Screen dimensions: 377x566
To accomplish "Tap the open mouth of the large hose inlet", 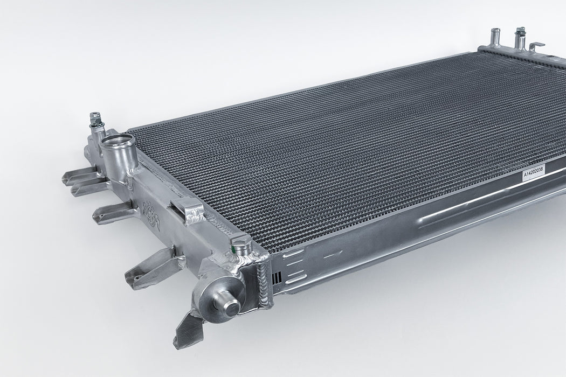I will pos(117,143).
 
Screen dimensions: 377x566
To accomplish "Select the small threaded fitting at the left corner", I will pos(95,120).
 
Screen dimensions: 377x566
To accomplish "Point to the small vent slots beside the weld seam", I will pos(278,278).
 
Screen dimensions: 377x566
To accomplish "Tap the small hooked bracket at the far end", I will pos(537,46).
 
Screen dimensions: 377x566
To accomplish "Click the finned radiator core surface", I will pos(334,151).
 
